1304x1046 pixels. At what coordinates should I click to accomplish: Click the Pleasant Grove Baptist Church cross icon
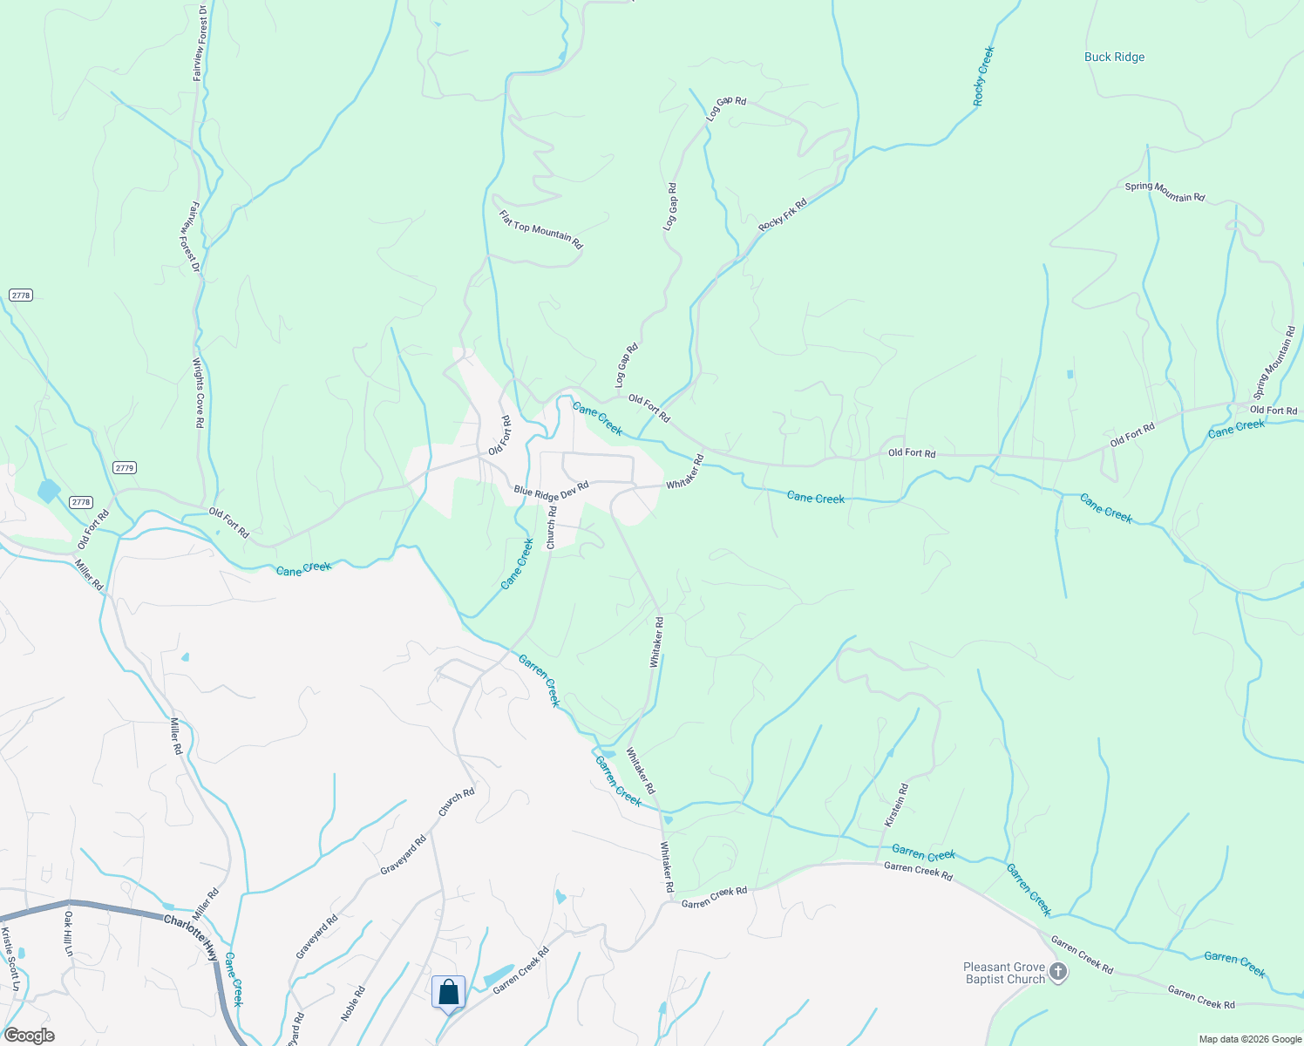click(1057, 973)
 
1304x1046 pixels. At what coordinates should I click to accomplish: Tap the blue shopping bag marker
click(448, 992)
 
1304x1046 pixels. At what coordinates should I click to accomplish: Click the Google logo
click(29, 1036)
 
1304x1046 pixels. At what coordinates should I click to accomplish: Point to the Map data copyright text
click(1250, 1039)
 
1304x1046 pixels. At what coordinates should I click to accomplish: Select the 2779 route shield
click(125, 468)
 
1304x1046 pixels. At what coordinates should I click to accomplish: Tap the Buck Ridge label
click(1114, 58)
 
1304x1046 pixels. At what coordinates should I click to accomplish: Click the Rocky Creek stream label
click(984, 77)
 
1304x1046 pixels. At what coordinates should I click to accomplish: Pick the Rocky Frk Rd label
click(783, 215)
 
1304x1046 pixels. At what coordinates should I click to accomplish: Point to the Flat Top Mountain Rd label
click(540, 230)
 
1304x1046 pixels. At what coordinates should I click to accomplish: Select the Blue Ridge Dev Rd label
click(551, 491)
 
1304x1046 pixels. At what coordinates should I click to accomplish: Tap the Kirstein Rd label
click(896, 805)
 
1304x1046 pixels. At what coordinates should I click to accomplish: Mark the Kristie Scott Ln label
click(10, 959)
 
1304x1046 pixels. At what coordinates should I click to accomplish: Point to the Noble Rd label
click(353, 1003)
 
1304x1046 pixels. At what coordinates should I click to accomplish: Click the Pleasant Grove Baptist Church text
click(1003, 973)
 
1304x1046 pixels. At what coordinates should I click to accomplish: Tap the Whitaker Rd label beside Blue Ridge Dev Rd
click(685, 472)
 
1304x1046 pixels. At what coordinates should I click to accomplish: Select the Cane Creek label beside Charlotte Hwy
click(233, 979)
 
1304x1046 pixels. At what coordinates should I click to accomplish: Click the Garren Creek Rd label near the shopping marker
click(521, 969)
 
